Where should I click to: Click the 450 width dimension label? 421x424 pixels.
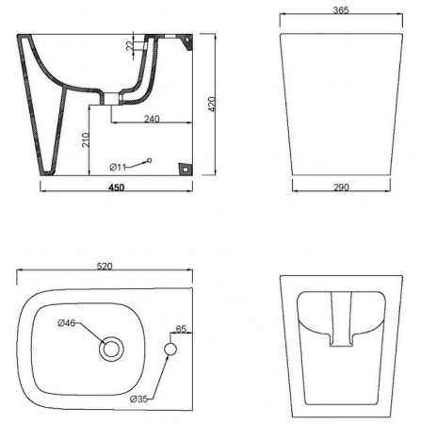click(x=114, y=188)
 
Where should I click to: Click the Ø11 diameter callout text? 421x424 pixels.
click(x=120, y=167)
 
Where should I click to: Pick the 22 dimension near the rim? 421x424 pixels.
click(x=131, y=46)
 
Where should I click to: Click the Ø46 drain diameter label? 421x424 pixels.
click(x=66, y=324)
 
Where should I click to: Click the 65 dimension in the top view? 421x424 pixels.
click(x=183, y=329)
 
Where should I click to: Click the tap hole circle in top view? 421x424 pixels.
click(x=170, y=351)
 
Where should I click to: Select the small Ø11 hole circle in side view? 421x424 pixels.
click(x=150, y=160)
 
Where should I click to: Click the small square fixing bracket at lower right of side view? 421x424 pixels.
click(x=184, y=169)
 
